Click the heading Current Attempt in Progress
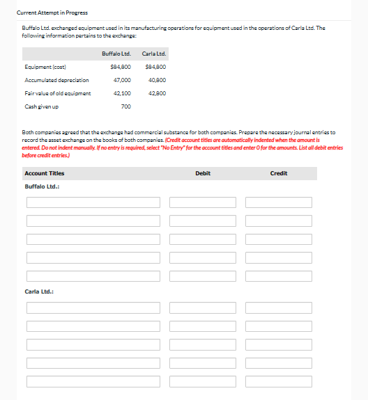pos(53,13)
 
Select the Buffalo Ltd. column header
pos(116,54)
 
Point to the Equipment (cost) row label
pos(45,67)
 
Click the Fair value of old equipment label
pos(58,93)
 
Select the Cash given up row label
pos(41,106)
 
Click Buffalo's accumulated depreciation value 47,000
pos(121,80)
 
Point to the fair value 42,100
pos(122,93)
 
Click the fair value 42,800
pos(156,93)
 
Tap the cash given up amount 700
pos(125,106)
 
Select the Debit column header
pos(203,173)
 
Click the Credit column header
pos(278,173)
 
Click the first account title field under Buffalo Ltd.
pos(93,202)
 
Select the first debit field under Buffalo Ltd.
pos(203,202)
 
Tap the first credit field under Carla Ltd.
pos(279,307)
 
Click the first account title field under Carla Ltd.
pos(93,307)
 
